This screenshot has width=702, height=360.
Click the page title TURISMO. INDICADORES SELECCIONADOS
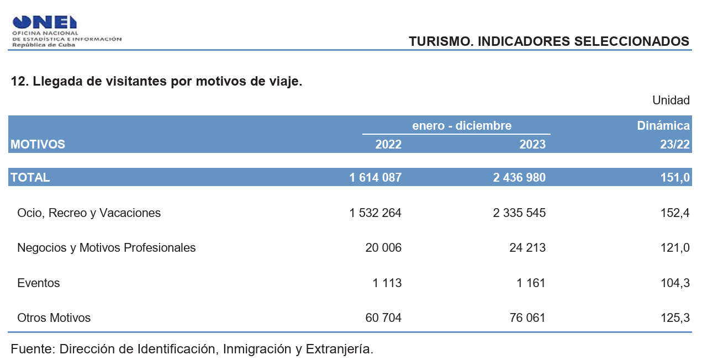(x=548, y=41)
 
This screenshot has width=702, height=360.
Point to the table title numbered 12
(x=156, y=81)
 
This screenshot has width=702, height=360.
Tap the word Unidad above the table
(x=671, y=100)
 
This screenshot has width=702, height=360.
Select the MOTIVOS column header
(x=38, y=144)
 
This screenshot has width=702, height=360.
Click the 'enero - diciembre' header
(x=462, y=125)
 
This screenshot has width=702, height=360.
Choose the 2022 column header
(x=388, y=144)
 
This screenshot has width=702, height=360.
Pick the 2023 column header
(x=532, y=144)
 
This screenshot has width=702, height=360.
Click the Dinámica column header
(x=663, y=125)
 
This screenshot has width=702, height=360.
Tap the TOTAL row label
(x=30, y=177)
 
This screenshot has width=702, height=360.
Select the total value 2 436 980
(x=519, y=177)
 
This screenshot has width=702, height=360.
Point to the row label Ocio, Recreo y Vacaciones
(x=89, y=213)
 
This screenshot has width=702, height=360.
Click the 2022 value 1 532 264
(x=376, y=213)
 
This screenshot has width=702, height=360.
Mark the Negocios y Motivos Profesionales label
(x=107, y=247)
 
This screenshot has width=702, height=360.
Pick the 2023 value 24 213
(x=527, y=247)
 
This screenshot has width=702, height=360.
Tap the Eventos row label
(x=39, y=283)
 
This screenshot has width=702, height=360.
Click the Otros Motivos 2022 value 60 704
(x=383, y=317)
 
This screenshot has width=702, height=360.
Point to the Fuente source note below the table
(x=192, y=349)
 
